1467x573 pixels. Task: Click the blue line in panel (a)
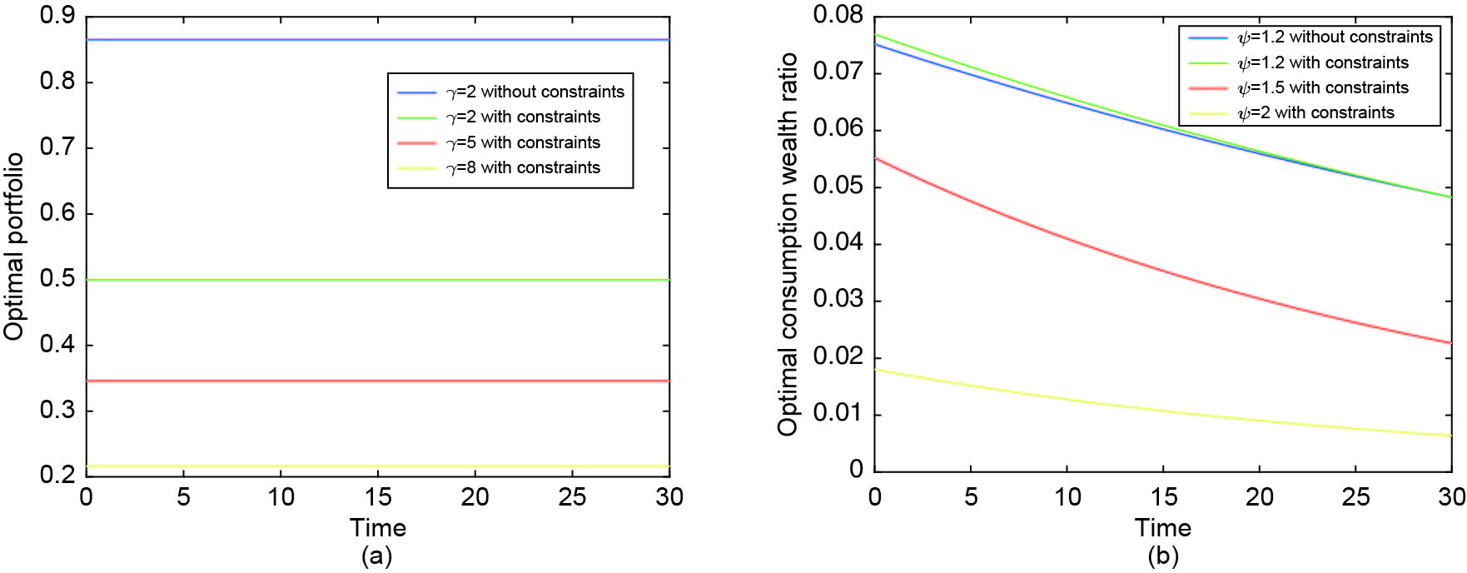[x=250, y=39]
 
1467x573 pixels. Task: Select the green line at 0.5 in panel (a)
[x=250, y=280]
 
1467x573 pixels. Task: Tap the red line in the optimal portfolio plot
[x=250, y=381]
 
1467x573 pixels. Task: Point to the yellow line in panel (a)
[x=250, y=466]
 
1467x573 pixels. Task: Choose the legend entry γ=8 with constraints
[x=523, y=167]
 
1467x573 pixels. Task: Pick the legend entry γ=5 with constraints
[x=523, y=142]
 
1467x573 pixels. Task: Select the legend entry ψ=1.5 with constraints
[x=1323, y=87]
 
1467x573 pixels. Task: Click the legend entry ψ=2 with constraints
[x=1315, y=112]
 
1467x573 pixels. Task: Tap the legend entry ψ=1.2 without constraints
[x=1335, y=37]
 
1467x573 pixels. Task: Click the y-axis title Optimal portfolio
[x=13, y=247]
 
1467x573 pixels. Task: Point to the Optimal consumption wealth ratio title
[x=788, y=244]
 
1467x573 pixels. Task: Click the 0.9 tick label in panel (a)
[x=57, y=16]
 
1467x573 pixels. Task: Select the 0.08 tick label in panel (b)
[x=838, y=15]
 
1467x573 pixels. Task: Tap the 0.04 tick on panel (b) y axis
[x=838, y=243]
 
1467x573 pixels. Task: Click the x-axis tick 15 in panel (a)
[x=378, y=497]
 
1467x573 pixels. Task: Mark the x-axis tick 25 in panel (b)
[x=1355, y=497]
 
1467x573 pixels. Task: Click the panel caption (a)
[x=376, y=556]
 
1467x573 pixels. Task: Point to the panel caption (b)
[x=1162, y=556]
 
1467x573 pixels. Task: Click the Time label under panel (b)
[x=1162, y=527]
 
